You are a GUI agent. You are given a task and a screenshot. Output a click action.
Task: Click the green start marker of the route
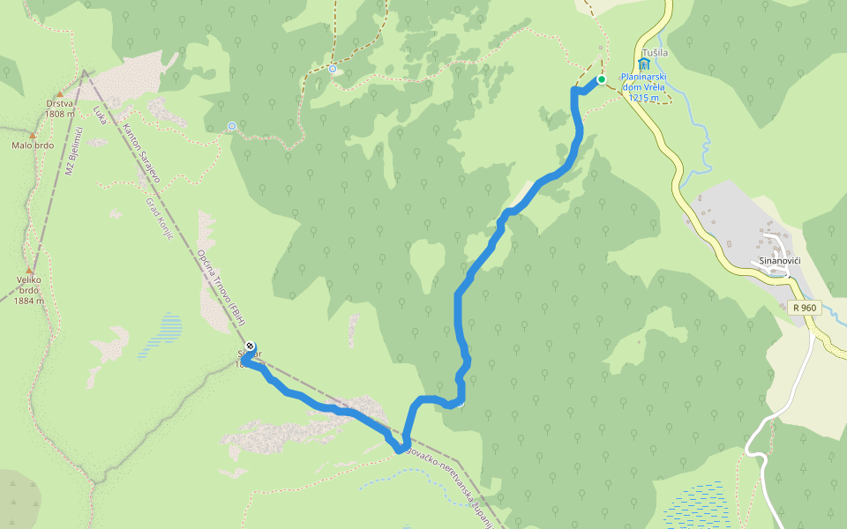coord(602,79)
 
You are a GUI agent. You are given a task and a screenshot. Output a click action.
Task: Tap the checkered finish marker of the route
coord(251,346)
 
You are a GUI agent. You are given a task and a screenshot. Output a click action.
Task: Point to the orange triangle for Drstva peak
coord(60,93)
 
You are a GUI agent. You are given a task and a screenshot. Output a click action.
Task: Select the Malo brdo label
coord(32,145)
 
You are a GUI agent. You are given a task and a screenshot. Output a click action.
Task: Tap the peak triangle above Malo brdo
coord(32,136)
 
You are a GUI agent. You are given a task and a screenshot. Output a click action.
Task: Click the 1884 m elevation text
coord(28,301)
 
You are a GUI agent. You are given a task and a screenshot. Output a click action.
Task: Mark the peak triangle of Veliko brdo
coord(29,271)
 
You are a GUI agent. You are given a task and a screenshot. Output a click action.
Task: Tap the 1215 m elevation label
coord(645,98)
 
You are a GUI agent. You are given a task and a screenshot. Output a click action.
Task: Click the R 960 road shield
coord(805,308)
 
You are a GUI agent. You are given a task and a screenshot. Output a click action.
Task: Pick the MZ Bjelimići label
coord(74,151)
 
